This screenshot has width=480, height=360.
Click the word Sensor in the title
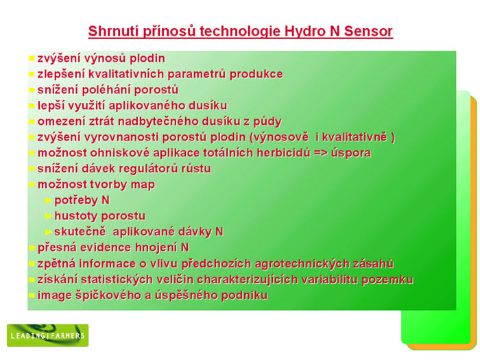tap(368, 32)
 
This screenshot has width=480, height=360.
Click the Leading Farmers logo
tap(48, 335)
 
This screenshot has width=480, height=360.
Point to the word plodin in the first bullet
tap(147, 58)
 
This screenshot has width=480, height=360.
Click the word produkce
tap(256, 74)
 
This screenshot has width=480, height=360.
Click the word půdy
tap(267, 122)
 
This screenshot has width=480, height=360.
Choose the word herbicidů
tap(283, 153)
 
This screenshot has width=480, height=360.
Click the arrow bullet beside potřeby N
tap(49, 200)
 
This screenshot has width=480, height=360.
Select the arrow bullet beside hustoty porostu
tap(49, 217)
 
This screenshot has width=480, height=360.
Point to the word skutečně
tap(80, 232)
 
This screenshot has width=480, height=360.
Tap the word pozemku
tap(387, 280)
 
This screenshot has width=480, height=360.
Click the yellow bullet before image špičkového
tap(32, 296)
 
